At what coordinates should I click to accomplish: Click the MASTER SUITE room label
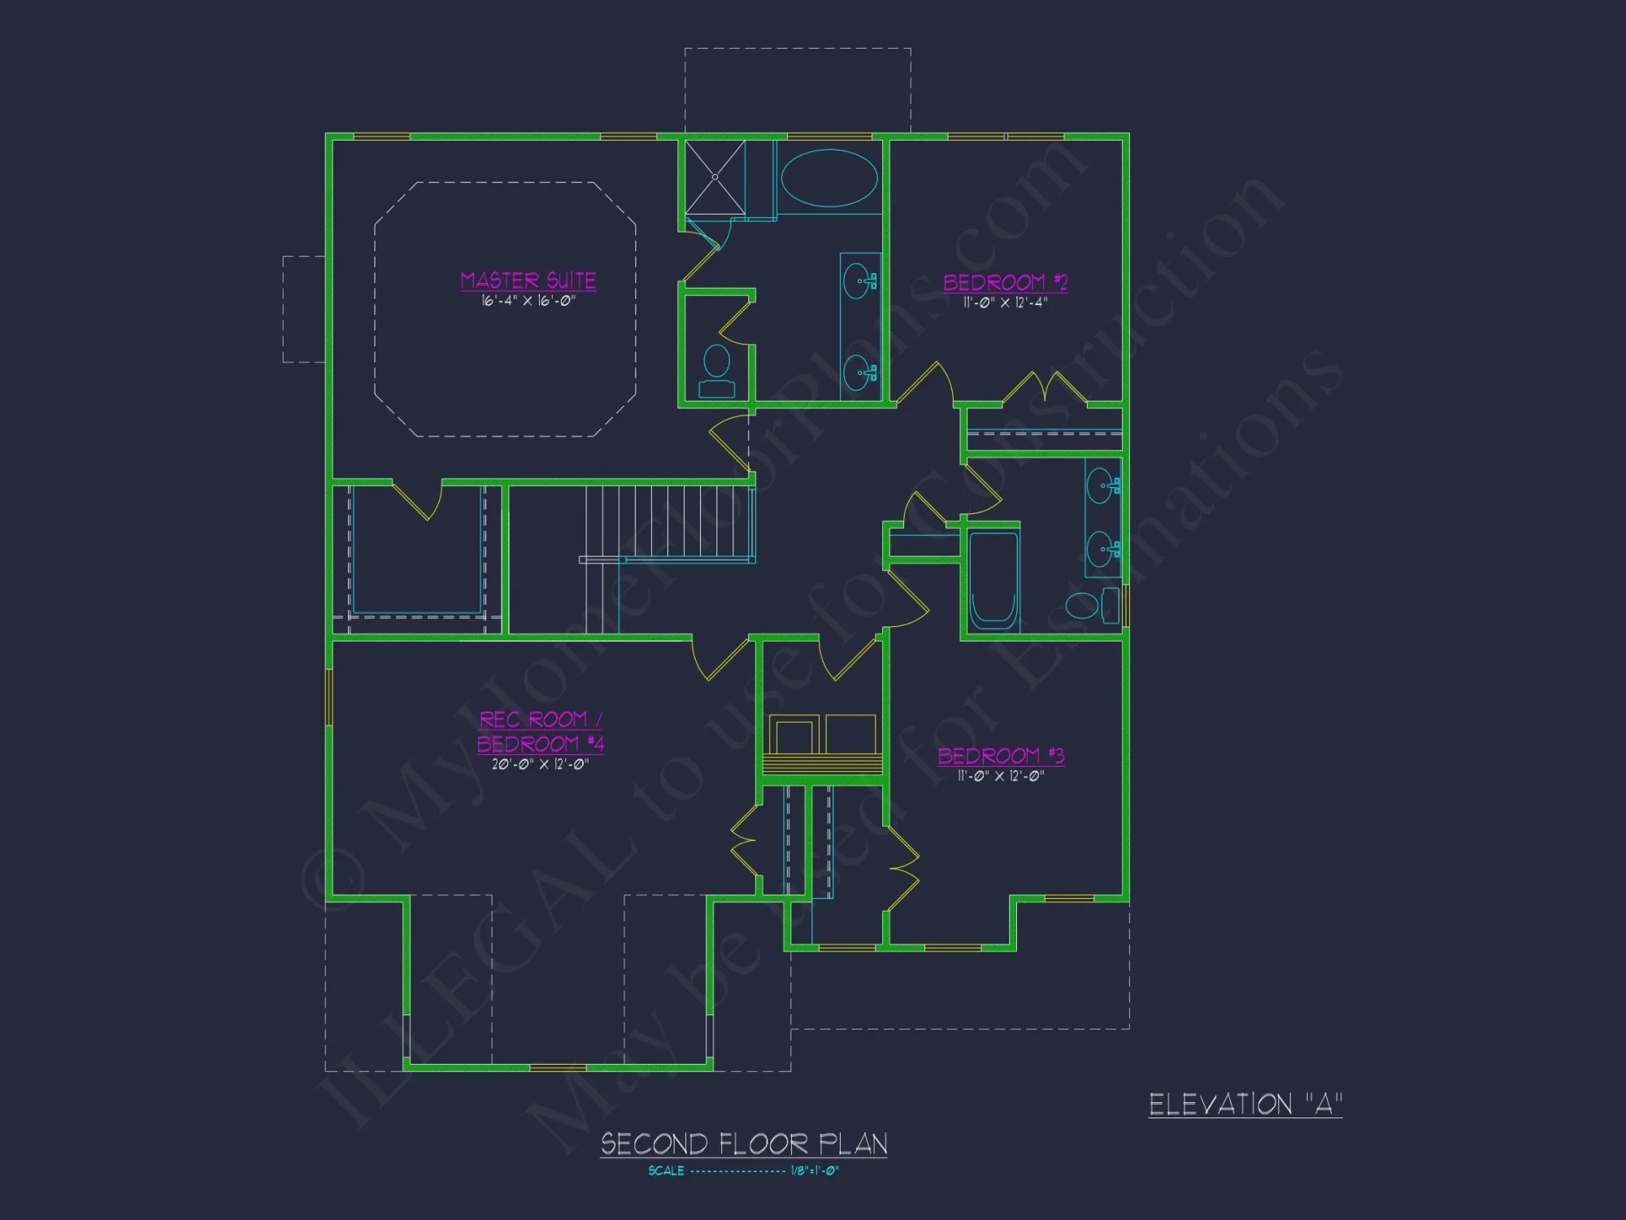click(x=528, y=281)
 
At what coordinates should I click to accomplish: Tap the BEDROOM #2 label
click(x=1005, y=282)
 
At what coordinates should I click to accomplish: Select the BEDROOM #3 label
click(x=1001, y=756)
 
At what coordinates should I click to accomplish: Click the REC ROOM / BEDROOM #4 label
click(x=540, y=731)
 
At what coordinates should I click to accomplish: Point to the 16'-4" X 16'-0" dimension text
click(x=528, y=301)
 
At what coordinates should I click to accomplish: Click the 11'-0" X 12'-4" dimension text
click(x=1005, y=303)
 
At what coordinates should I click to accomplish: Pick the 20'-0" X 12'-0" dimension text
click(x=540, y=764)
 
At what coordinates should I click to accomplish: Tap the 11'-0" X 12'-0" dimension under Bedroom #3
click(x=1000, y=776)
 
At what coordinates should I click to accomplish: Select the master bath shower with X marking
click(x=715, y=176)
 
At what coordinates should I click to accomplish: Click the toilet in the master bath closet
click(x=716, y=370)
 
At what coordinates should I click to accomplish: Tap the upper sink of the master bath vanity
click(x=858, y=281)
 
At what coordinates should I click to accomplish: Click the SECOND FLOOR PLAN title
click(x=744, y=1144)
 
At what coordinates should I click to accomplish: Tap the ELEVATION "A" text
click(x=1245, y=1105)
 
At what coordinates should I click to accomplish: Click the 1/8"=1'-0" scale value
click(x=815, y=1171)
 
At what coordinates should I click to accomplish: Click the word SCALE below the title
click(x=666, y=1171)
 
